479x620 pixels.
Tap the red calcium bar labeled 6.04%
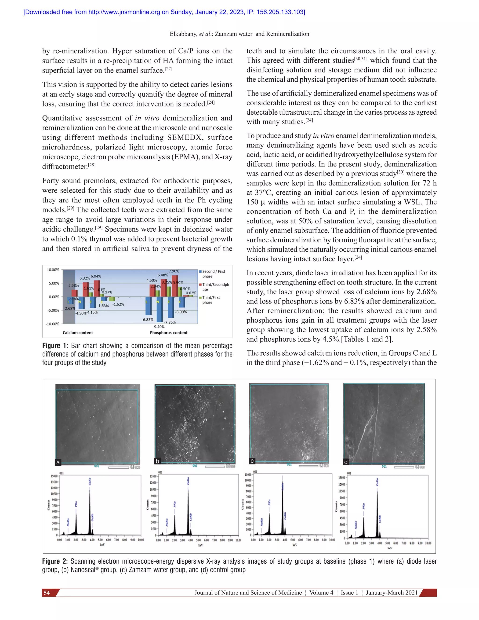[x=97, y=288]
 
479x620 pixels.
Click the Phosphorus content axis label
[x=169, y=333]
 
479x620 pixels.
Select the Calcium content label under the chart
[x=78, y=333]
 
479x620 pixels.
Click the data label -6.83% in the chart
[x=148, y=320]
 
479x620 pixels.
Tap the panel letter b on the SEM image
[x=157, y=461]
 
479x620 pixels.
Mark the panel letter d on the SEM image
[x=346, y=462]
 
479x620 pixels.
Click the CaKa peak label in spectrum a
[x=90, y=481]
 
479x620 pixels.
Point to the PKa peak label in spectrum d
[x=363, y=506]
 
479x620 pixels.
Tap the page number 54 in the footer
[x=47, y=593]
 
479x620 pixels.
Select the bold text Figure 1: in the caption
[x=55, y=346]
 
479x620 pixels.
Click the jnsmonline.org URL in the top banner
[x=124, y=12]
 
